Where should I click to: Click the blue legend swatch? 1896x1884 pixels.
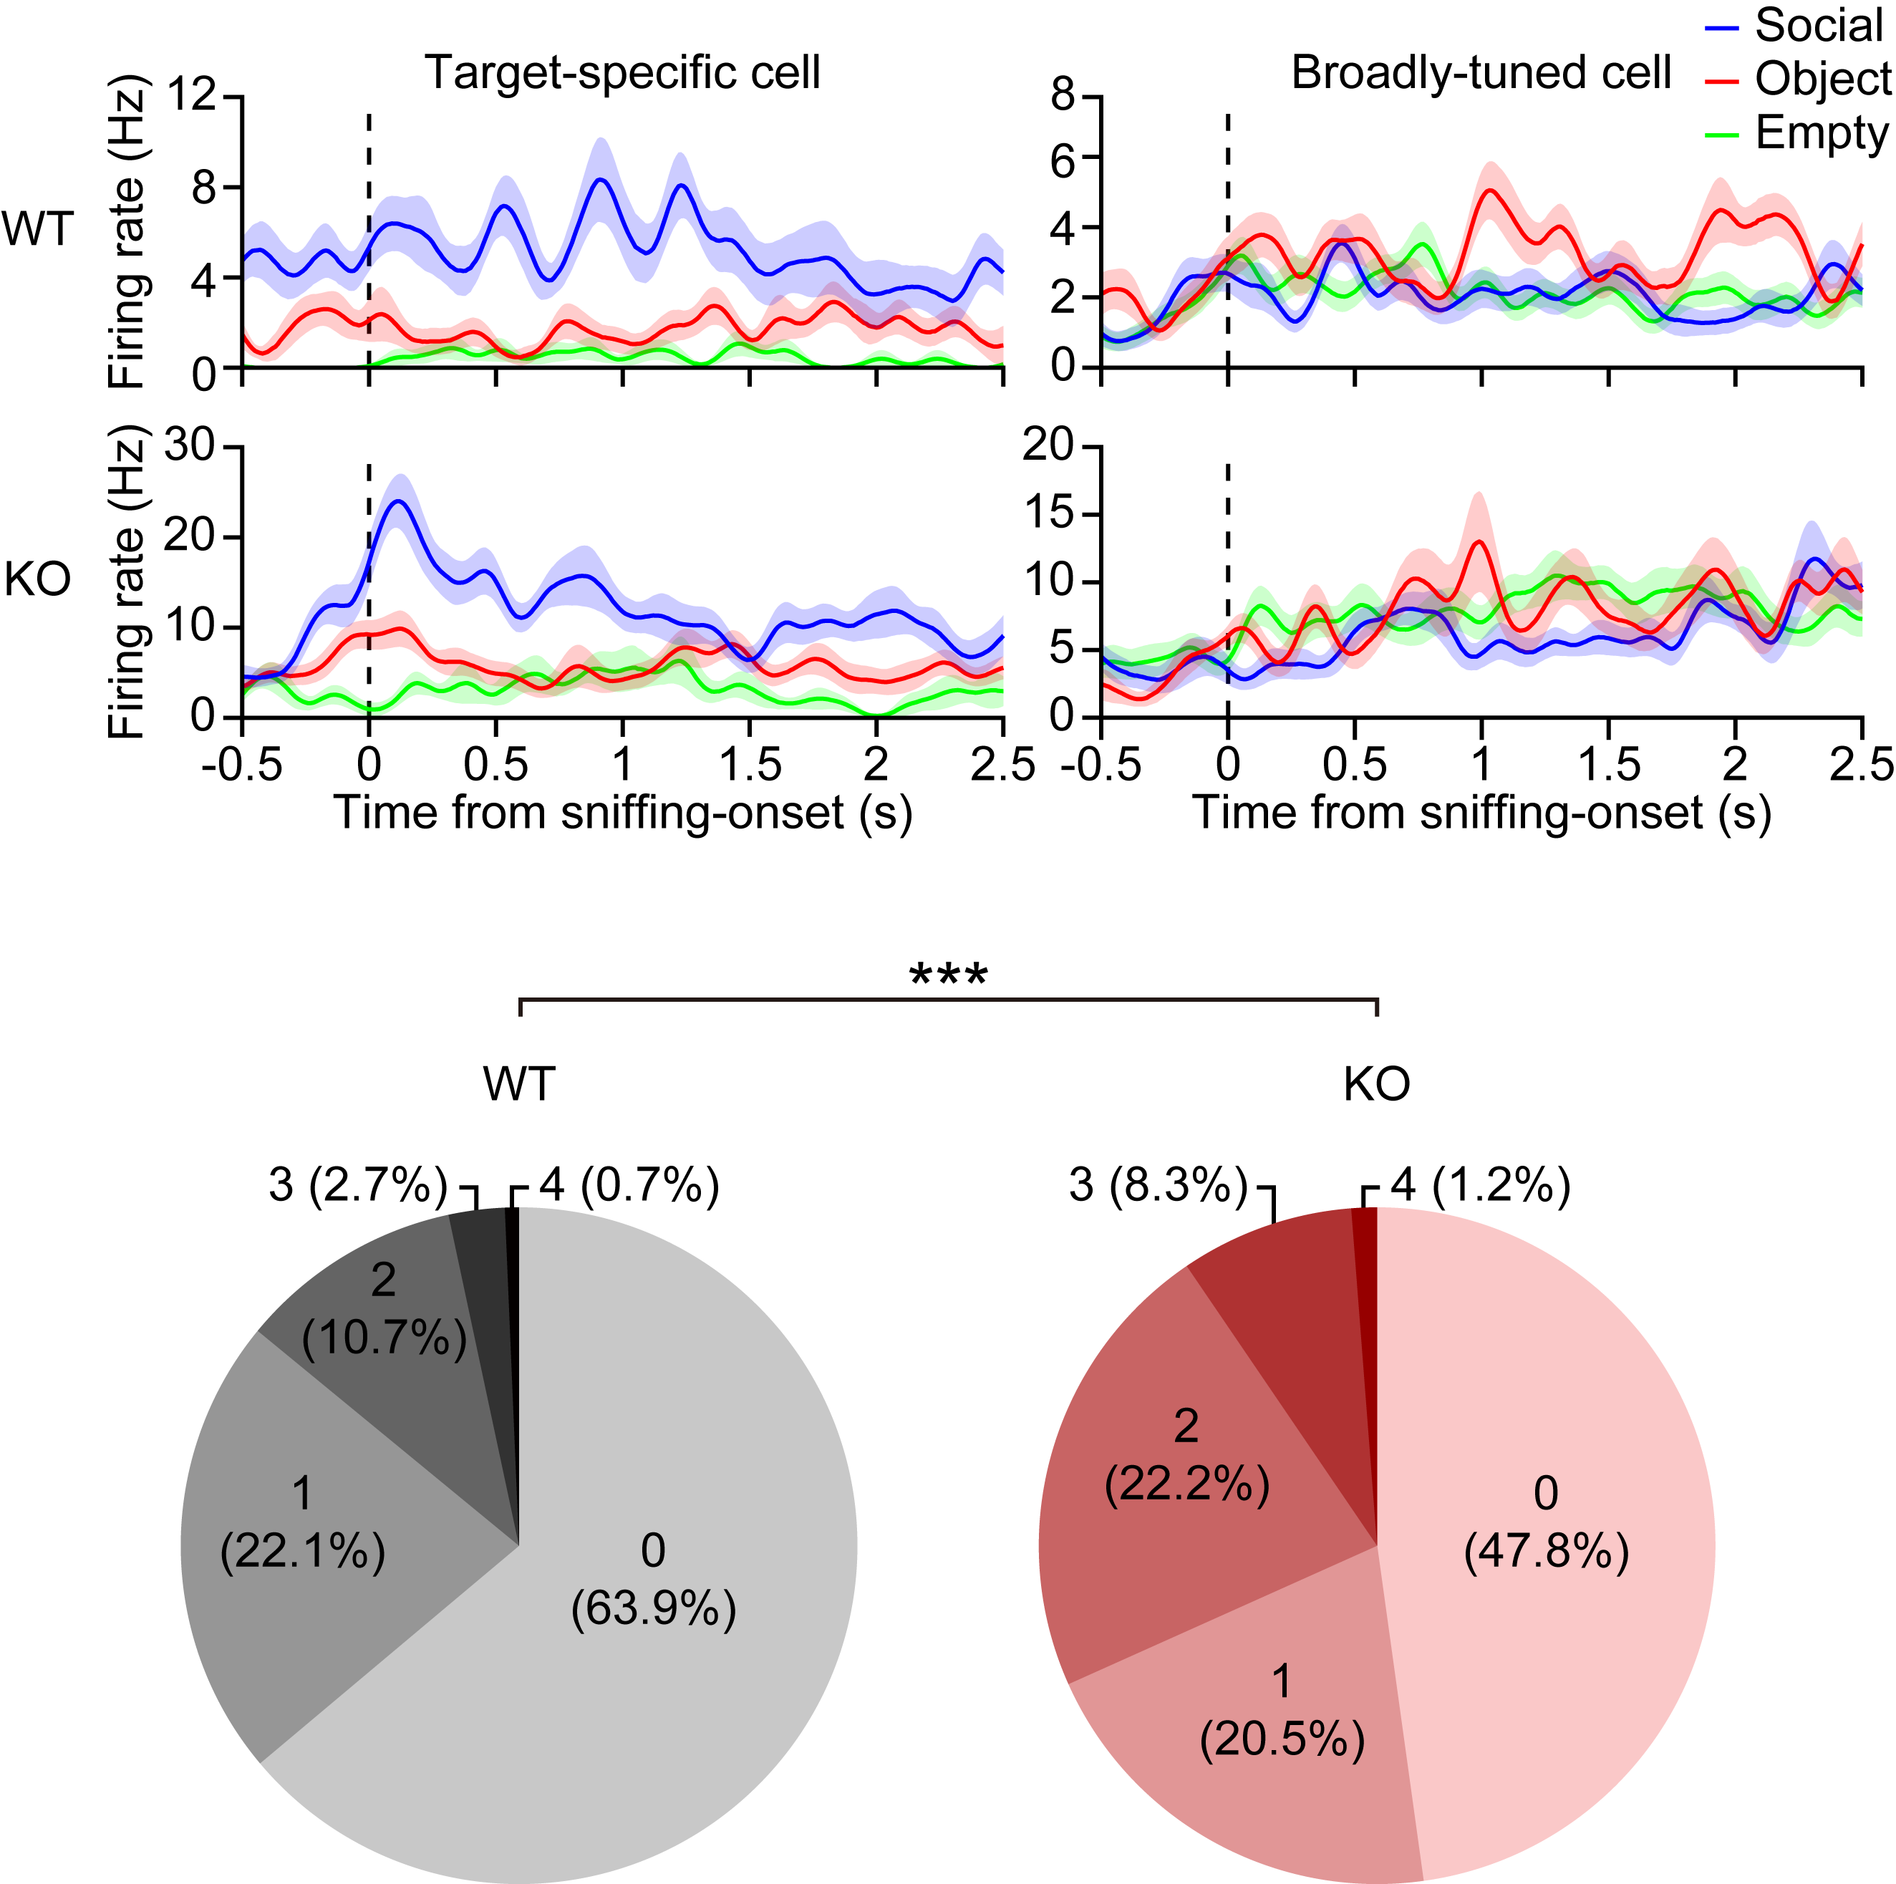pyautogui.click(x=1721, y=29)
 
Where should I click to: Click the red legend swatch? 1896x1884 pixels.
pyautogui.click(x=1721, y=82)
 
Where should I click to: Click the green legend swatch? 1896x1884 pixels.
pyautogui.click(x=1721, y=135)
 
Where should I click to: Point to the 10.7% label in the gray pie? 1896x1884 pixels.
pyautogui.click(x=384, y=1338)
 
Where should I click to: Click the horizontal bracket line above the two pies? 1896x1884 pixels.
pyautogui.click(x=948, y=1000)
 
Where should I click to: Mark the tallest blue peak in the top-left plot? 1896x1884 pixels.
pyautogui.click(x=601, y=148)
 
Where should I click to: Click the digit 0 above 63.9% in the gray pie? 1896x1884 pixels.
pyautogui.click(x=654, y=1550)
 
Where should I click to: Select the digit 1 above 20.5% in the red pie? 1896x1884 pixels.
pyautogui.click(x=1282, y=1682)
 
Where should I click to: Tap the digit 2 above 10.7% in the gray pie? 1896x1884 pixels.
pyautogui.click(x=384, y=1280)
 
